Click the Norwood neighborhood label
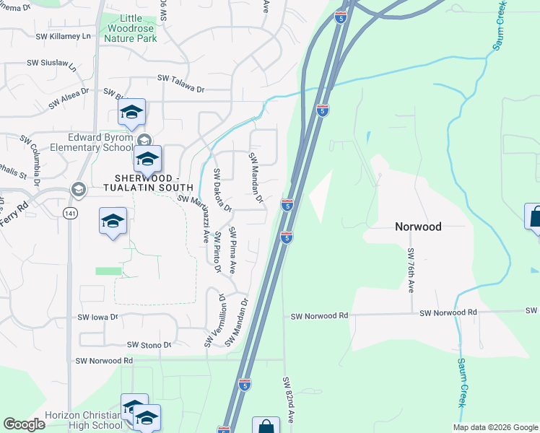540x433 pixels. (418, 226)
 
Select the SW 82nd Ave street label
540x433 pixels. (287, 395)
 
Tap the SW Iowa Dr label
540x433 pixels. (97, 317)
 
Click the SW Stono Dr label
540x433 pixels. (148, 345)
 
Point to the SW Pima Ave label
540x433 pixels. (232, 250)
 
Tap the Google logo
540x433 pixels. (24, 424)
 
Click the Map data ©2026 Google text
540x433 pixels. (495, 427)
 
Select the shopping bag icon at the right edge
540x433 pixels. (535, 217)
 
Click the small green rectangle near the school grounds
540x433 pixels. (108, 271)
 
